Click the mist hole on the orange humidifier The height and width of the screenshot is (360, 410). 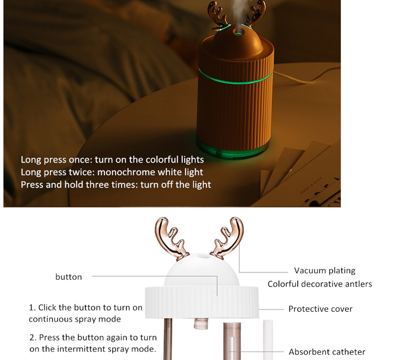pos(238,33)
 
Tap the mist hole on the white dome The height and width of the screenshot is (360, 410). pos(201,256)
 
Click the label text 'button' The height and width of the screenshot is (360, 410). pos(69,277)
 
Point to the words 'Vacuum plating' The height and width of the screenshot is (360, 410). pos(324,271)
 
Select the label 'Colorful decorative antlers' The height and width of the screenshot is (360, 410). pos(319,284)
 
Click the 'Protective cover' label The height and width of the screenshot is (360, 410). pos(320,309)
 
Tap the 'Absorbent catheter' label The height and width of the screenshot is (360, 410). pos(327,352)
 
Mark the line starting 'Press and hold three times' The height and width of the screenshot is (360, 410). pos(116,184)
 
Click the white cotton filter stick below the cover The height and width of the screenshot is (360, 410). pos(268,340)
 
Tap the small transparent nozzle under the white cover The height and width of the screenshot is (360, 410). pos(201,324)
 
